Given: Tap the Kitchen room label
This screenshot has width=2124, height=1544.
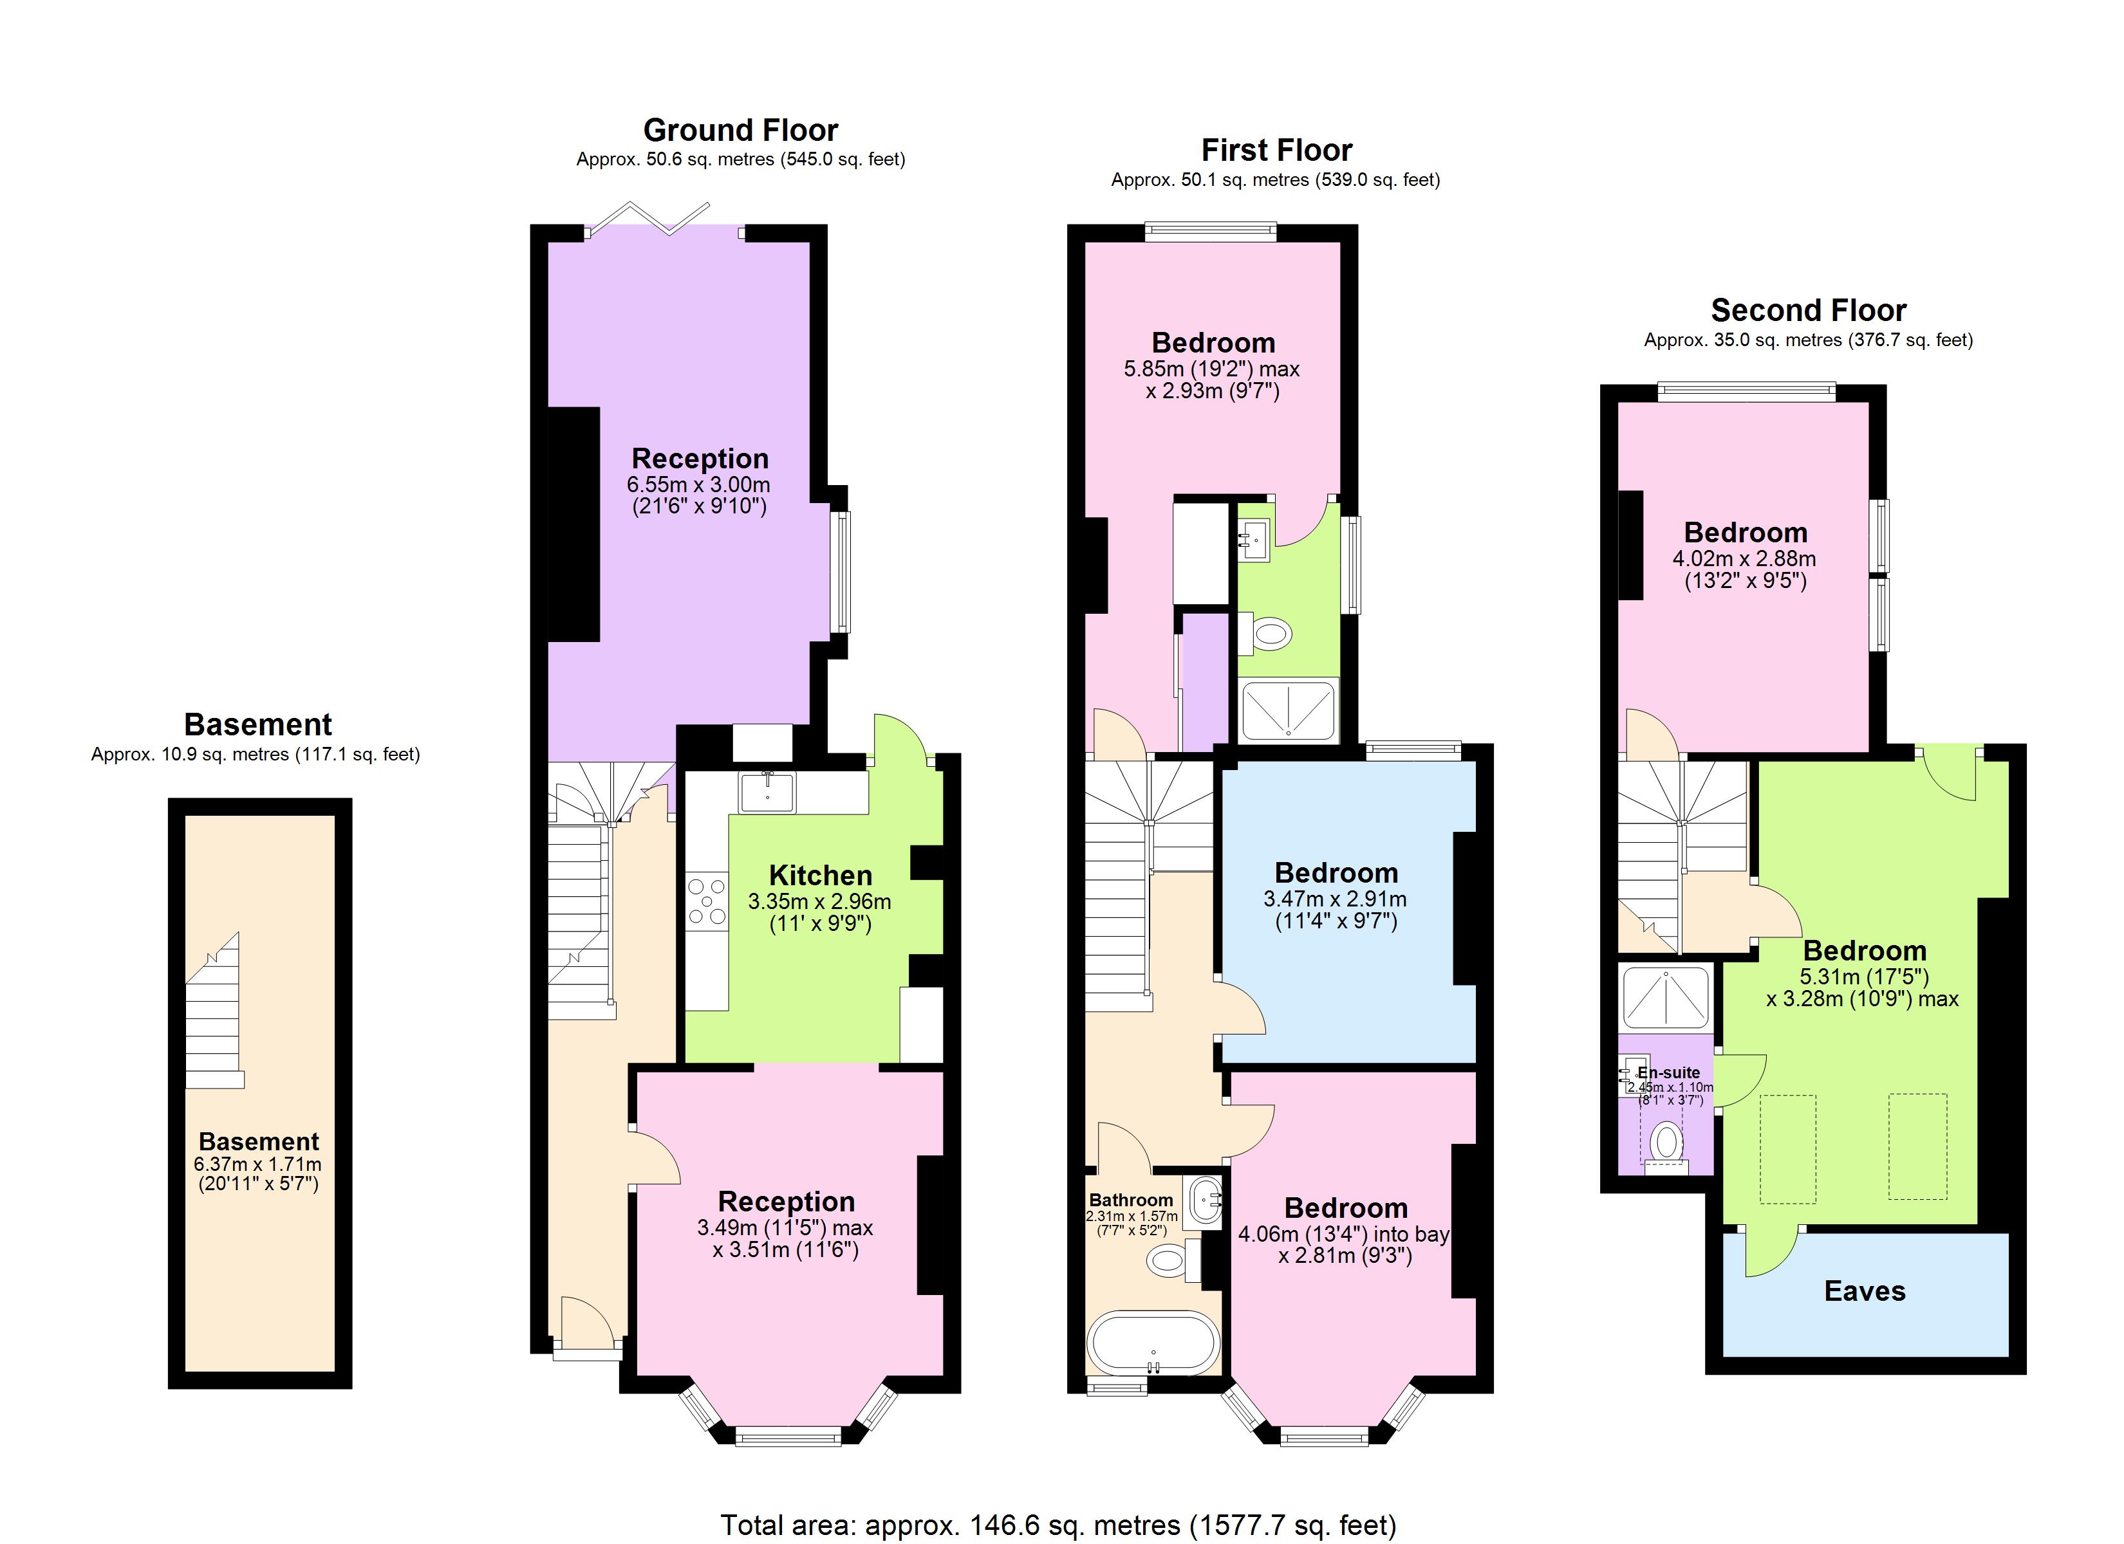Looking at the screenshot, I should tap(821, 876).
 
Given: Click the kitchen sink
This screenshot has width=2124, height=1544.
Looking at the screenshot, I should tap(767, 792).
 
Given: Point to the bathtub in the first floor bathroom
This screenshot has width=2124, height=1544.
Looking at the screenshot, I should tap(1153, 1343).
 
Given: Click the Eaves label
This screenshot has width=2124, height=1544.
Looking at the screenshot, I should tap(1864, 1291).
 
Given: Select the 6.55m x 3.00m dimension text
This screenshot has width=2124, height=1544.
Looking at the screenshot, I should tap(698, 485).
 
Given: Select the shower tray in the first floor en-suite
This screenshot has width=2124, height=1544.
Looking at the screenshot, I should tap(1288, 709).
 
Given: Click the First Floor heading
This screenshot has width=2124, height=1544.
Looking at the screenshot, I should tap(1276, 150).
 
